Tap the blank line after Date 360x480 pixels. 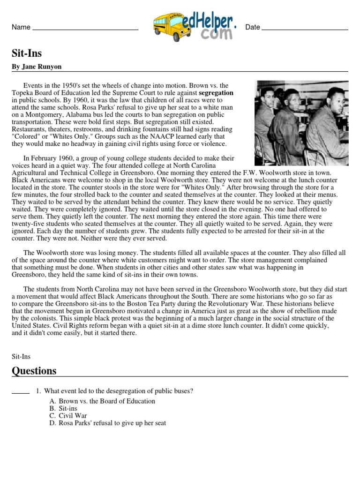(x=305, y=29)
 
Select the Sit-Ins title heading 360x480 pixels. (x=27, y=53)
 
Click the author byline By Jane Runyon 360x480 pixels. (x=37, y=67)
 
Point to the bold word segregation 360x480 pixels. (x=215, y=93)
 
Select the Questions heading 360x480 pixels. (x=34, y=371)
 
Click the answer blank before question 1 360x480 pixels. (x=20, y=392)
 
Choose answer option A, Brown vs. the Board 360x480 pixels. (x=102, y=401)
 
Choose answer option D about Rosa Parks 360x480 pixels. (x=107, y=423)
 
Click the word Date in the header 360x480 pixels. (x=252, y=27)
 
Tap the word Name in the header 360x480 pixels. (x=21, y=27)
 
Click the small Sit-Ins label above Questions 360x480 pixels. (x=21, y=356)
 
